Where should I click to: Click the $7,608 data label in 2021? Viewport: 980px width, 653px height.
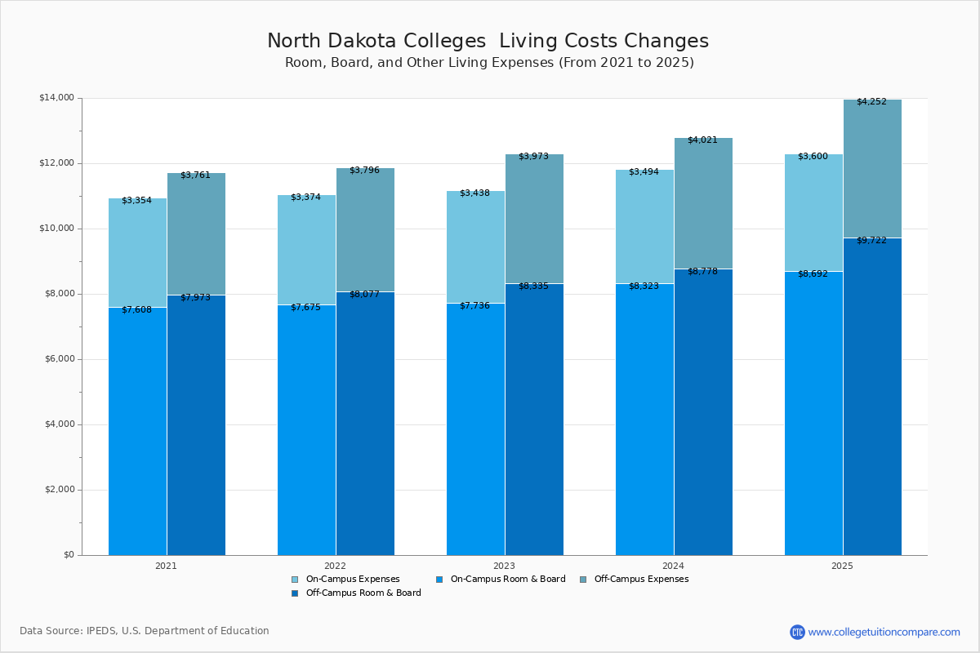coord(136,309)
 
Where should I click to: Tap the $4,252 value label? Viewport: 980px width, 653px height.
coord(871,101)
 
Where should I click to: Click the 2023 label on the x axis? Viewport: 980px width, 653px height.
coord(504,565)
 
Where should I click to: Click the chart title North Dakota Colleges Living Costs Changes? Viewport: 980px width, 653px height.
coord(488,41)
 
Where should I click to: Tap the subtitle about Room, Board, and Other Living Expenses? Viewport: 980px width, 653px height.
coord(489,63)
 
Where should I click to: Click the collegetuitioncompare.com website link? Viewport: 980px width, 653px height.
coord(884,632)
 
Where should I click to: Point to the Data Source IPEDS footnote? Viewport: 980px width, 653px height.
coord(145,631)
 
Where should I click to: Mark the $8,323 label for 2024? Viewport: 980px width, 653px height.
coord(644,286)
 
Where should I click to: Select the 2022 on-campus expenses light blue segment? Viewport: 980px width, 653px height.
coord(306,250)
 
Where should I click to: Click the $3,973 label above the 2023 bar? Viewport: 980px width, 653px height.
coord(533,156)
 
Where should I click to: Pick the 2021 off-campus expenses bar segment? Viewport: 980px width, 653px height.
coord(196,234)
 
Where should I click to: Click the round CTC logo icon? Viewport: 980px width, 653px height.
coord(797,632)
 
